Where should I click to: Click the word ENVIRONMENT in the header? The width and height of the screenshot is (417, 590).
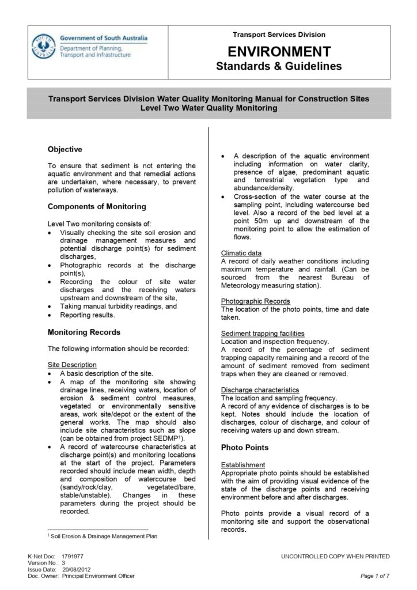279,51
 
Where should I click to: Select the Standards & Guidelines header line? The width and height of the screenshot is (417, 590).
279,66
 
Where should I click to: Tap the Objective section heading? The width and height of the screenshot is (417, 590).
65,149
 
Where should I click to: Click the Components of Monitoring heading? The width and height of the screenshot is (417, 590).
97,206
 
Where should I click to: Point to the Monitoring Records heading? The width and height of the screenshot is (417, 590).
84,332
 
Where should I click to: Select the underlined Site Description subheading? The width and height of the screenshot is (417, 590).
72,365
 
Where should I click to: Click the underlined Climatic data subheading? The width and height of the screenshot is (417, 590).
241,253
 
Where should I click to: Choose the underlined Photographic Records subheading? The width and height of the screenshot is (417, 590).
256,301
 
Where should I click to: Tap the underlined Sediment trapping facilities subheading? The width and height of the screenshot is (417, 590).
263,333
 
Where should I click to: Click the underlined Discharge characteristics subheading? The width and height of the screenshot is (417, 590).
260,389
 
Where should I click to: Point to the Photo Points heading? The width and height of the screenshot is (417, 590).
245,447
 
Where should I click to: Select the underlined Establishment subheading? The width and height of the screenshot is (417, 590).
243,465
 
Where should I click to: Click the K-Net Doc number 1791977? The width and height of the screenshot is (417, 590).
73,557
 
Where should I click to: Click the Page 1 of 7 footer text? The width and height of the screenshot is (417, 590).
375,576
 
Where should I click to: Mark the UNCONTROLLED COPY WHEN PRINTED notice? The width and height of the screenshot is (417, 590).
335,557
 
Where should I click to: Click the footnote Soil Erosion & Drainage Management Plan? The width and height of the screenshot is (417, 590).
104,536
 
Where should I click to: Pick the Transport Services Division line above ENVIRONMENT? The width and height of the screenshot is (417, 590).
279,35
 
